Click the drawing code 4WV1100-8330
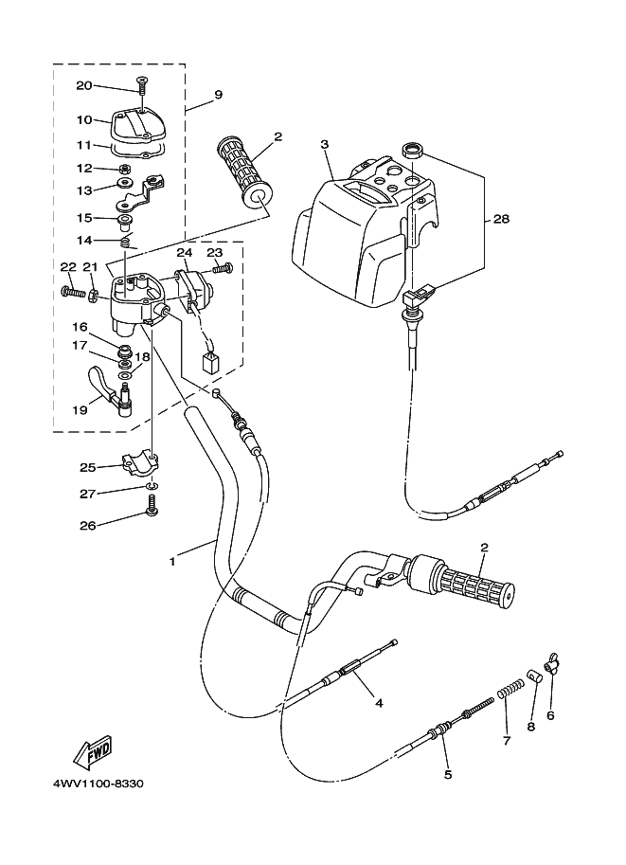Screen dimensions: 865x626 (x=93, y=784)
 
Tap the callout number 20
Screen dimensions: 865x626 (x=84, y=86)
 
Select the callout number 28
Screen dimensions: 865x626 (x=500, y=219)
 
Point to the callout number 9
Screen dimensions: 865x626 (x=218, y=95)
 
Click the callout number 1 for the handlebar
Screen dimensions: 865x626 (x=172, y=561)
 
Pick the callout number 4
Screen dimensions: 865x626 (x=378, y=703)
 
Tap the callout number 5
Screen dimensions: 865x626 (x=447, y=774)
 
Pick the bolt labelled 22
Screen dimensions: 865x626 (x=71, y=292)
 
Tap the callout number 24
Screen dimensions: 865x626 (x=184, y=253)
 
